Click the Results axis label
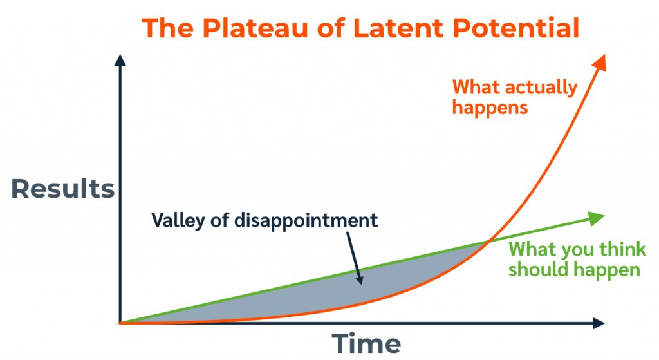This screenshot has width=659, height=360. [x=63, y=189]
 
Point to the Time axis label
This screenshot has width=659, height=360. [x=366, y=343]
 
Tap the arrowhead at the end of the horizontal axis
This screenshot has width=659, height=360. [x=598, y=323]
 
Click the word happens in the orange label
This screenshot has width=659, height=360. [x=490, y=107]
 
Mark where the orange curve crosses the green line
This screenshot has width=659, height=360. [x=488, y=242]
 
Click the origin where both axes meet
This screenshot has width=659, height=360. [x=120, y=323]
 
